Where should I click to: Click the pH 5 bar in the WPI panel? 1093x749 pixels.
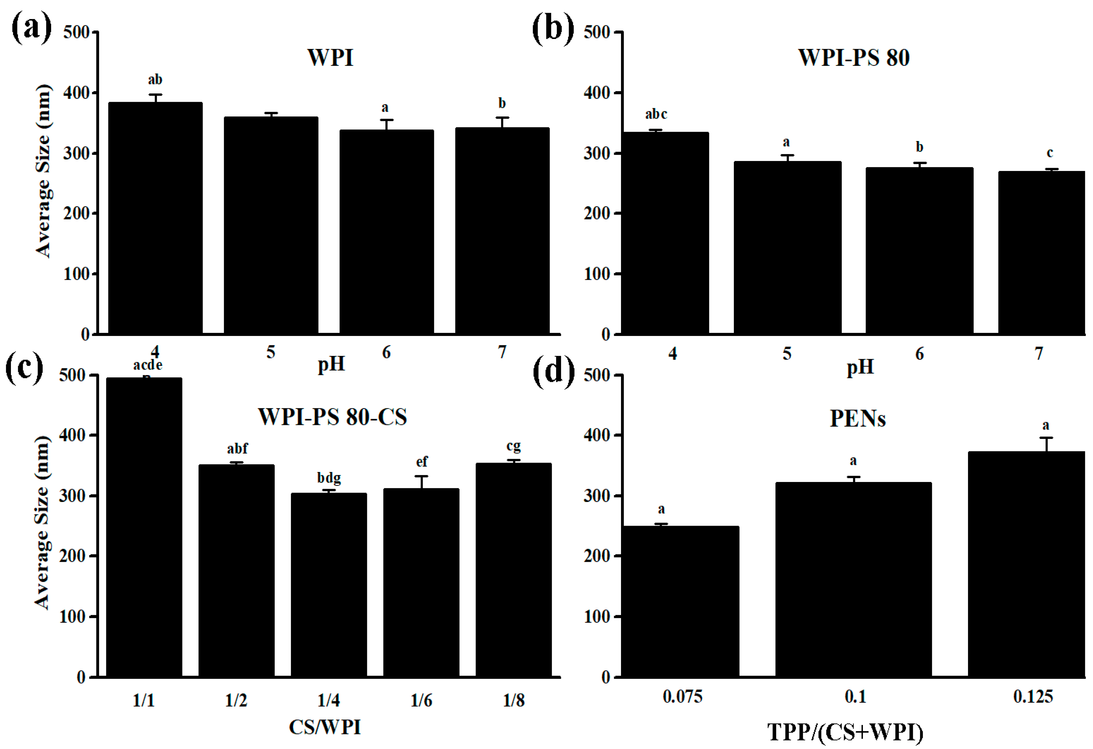271,226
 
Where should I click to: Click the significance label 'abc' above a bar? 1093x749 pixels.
656,114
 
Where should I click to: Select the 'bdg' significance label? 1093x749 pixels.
329,478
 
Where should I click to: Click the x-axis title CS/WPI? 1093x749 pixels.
325,727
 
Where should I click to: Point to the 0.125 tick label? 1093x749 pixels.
1033,696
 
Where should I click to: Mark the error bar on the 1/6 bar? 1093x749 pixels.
421,482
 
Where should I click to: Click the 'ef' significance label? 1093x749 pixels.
421,462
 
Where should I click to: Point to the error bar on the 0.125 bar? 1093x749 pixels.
1046,444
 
